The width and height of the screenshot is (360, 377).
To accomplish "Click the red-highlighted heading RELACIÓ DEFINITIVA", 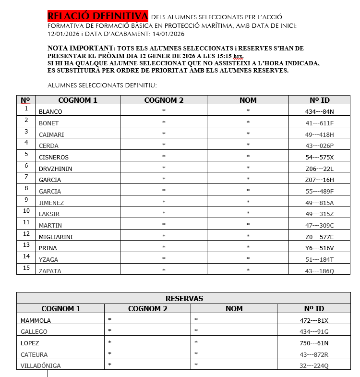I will coord(98,16).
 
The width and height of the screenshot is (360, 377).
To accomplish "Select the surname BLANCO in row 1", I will coord(50,112).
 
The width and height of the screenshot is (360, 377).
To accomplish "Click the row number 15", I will coord(26,268).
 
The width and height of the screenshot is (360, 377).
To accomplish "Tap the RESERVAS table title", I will coord(184,298).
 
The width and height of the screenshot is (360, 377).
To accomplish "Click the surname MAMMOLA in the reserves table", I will coord(36,320).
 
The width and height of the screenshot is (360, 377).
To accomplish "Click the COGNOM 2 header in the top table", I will coord(164,100).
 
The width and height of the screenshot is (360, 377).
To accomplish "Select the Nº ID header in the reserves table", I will coord(313,309).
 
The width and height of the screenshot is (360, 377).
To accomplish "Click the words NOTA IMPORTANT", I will coord(80,49).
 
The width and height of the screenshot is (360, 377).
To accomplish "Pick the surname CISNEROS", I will coord(53,158).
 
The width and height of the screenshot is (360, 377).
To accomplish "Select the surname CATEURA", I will coord(34,354).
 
